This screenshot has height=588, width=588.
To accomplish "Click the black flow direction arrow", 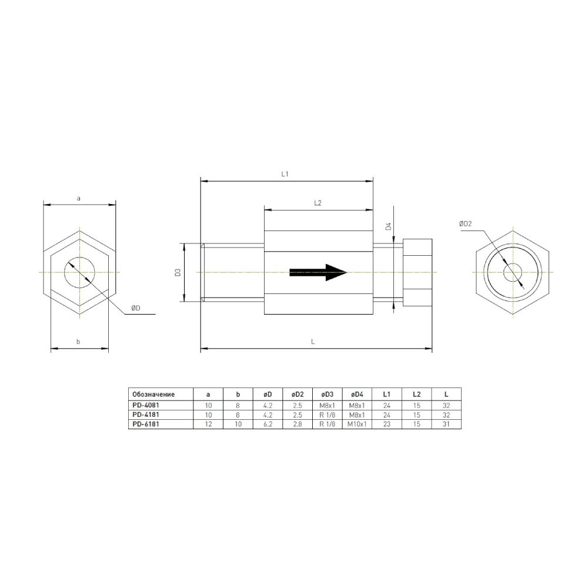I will (318, 272).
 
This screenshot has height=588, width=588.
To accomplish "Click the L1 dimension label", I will (285, 175).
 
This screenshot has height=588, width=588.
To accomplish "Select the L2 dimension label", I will (318, 203).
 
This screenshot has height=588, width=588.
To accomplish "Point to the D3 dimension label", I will (176, 272).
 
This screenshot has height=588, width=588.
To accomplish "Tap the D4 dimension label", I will (388, 226).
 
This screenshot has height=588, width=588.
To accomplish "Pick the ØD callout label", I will (135, 308).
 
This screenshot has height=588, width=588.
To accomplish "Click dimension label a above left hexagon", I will (79, 199).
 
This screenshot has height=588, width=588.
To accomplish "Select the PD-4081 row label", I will (146, 405).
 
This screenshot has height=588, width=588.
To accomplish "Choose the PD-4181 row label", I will (146, 414).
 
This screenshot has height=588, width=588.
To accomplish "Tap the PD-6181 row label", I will (146, 423).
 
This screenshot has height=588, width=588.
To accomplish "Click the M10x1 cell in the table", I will (357, 423).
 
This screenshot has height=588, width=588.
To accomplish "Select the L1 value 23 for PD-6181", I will (387, 423).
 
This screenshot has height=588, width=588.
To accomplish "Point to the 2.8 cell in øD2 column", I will (297, 423).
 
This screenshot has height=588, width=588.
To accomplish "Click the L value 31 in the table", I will (446, 423).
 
